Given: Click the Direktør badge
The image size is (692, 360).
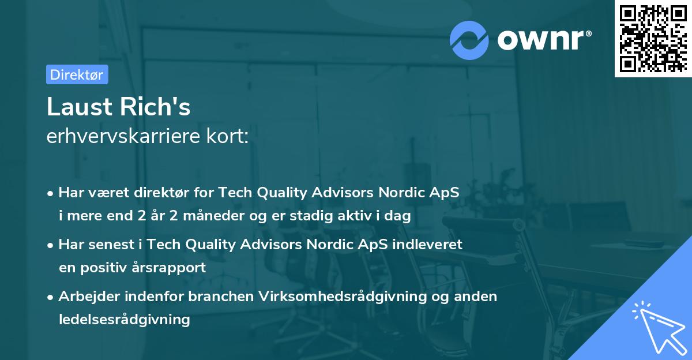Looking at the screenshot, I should coord(77,74).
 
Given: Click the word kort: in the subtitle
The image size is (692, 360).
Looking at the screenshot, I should coord(231,137).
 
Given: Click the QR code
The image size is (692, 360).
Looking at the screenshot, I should coord(653,38).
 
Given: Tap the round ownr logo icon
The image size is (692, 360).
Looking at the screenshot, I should coord(469,40).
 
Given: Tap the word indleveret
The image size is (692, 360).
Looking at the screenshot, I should coord(427,244).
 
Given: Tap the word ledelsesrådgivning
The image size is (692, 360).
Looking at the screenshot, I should coord(124,319).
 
